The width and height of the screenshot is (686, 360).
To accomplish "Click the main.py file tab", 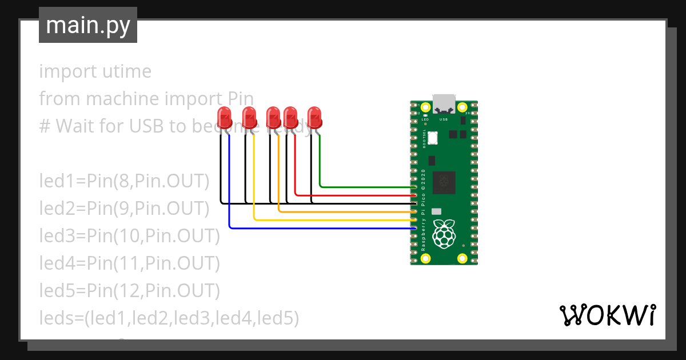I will pyautogui.click(x=87, y=25).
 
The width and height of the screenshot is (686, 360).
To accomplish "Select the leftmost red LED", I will pyautogui.click(x=225, y=118).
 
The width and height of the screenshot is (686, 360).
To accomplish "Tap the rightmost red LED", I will pyautogui.click(x=314, y=118).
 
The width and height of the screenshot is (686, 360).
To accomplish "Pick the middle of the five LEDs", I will pyautogui.click(x=273, y=118).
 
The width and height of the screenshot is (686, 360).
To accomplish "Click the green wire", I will pyautogui.click(x=366, y=187).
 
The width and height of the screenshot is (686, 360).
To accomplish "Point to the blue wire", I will pyautogui.click(x=320, y=228).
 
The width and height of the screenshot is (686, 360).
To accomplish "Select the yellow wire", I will pyautogui.click(x=332, y=219).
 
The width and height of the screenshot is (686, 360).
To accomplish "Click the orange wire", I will pyautogui.click(x=343, y=211).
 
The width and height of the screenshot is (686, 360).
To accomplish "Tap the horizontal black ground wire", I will pyautogui.click(x=354, y=203).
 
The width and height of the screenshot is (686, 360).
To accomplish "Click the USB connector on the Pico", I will pyautogui.click(x=444, y=103).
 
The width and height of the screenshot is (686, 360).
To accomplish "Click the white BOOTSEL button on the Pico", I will pyautogui.click(x=432, y=138).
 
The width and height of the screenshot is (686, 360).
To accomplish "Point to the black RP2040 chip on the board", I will pyautogui.click(x=444, y=182).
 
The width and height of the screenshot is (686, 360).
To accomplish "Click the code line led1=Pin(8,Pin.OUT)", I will pyautogui.click(x=124, y=181).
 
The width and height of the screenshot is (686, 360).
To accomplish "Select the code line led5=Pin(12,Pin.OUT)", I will pyautogui.click(x=129, y=291).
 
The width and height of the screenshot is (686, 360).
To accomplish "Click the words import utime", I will pyautogui.click(x=95, y=71).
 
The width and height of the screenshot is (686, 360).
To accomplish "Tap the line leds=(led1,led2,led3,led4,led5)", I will pyautogui.click(x=169, y=318).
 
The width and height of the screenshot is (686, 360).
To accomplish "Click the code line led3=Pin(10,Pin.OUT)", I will pyautogui.click(x=129, y=236).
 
